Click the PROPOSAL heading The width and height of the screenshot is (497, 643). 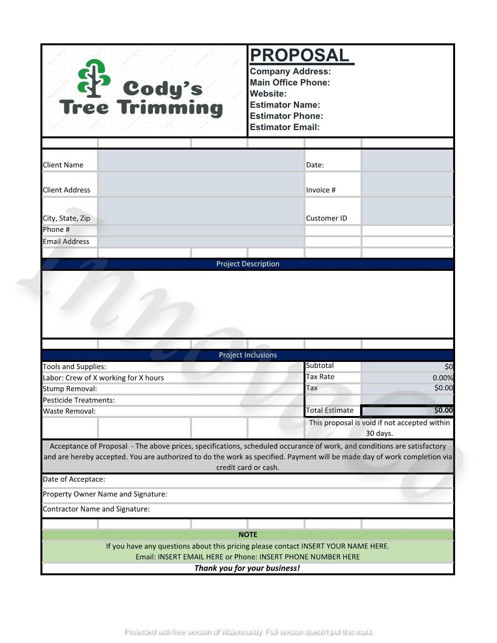coord(299,56)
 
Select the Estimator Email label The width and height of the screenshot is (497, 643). coord(285,127)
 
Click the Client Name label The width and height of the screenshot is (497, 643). coord(63,165)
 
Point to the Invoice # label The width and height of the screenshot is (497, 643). coord(321,190)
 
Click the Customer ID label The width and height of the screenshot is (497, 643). coord(326,218)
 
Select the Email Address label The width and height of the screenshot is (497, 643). coord(66,241)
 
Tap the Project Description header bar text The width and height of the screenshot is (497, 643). coord(248,264)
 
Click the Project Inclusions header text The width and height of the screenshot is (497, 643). coord(248,355)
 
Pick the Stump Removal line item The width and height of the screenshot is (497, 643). coord(70,389)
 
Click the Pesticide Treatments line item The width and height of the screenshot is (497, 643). coord(78,400)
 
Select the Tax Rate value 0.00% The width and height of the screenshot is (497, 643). coord(442,378)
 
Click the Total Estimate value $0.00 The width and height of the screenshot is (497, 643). coord(443,410)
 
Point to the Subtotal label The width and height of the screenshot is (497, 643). coord(320,365)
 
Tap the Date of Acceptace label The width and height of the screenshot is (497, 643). coord(74,479)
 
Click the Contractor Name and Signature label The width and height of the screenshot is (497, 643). coord(96,509)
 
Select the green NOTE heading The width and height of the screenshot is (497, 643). coord(248,534)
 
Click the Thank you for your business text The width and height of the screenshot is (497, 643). coord(247,568)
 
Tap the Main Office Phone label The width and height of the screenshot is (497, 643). coord(290,82)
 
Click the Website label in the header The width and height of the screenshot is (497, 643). coord(268,94)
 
